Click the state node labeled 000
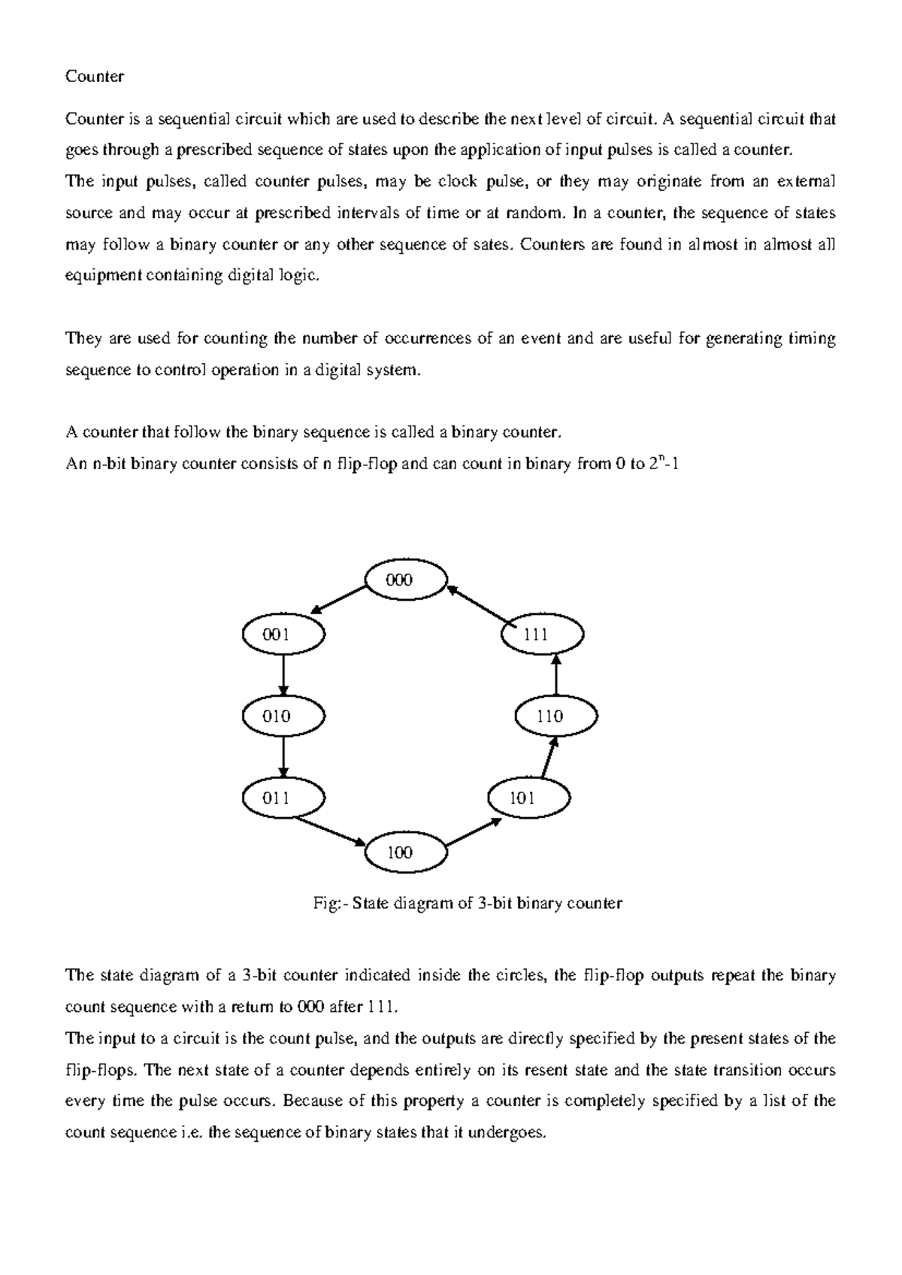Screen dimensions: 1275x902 coord(405,580)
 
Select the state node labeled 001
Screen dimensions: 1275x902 coord(283,634)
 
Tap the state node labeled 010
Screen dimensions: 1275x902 coord(283,716)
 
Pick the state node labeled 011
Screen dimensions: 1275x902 coord(283,798)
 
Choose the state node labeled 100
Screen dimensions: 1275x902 coord(405,853)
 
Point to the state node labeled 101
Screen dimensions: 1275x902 coord(528,798)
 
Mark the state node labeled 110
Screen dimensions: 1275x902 coord(555,716)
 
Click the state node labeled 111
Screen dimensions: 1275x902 coord(542,634)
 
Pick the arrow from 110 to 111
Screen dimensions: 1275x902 coord(555,675)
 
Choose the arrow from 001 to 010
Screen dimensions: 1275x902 coord(283,675)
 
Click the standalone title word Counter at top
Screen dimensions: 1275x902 coord(95,77)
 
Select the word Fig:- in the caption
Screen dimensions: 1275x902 coord(327,904)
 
